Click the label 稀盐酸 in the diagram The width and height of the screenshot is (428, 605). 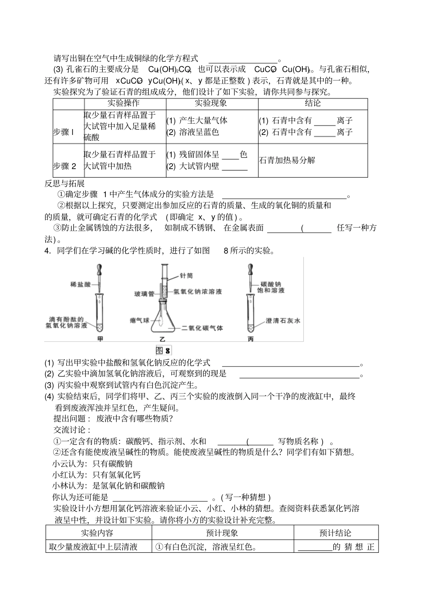click(81, 284)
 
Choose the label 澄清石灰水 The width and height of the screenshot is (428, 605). click(283, 320)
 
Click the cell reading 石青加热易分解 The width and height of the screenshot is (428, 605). click(287, 160)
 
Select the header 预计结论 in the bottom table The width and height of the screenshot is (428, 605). click(335, 533)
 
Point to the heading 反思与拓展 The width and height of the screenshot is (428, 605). click(65, 183)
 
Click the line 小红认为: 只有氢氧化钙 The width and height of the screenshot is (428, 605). click(96, 475)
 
